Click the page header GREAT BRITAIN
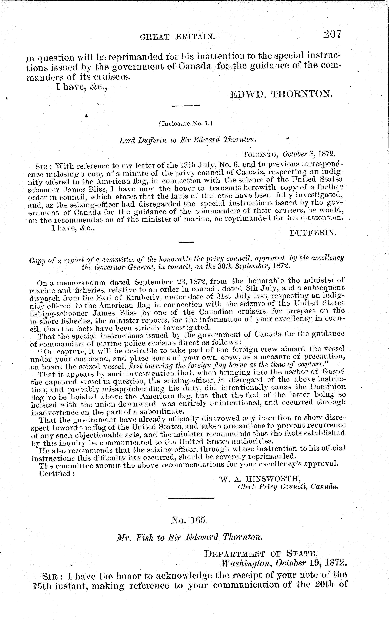pyautogui.click(x=177, y=37)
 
